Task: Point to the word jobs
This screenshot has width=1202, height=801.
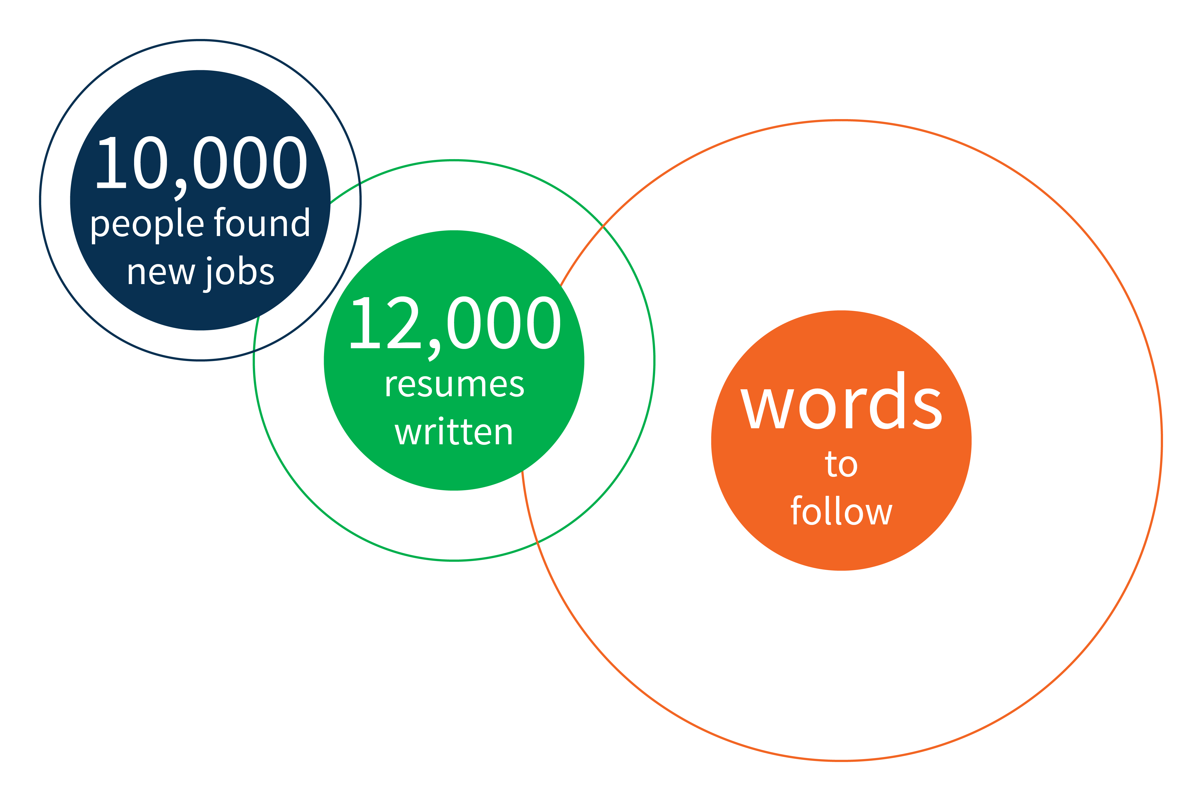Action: click(239, 274)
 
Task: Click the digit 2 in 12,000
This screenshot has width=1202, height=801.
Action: click(404, 322)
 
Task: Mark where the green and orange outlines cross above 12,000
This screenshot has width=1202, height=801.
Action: click(604, 225)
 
